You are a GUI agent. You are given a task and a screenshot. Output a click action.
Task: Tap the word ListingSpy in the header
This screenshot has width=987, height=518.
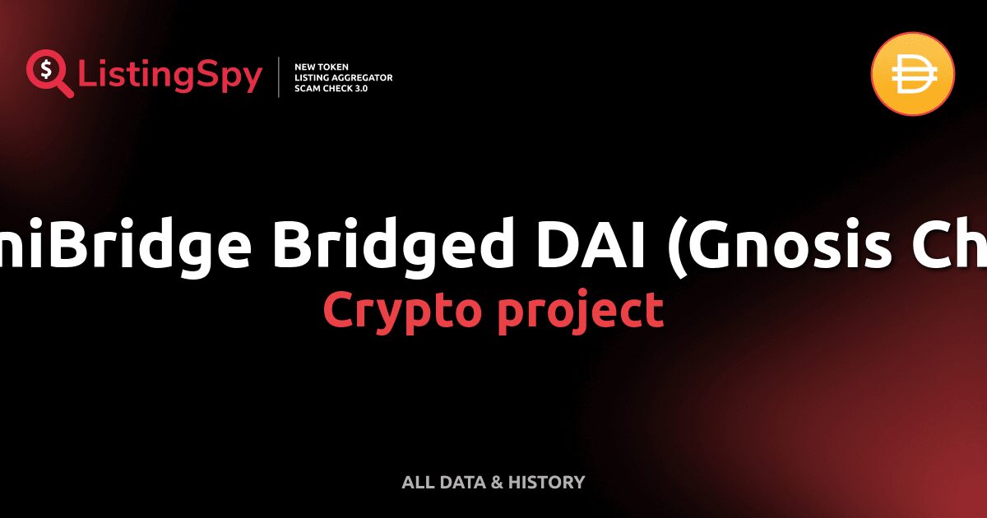[x=170, y=76]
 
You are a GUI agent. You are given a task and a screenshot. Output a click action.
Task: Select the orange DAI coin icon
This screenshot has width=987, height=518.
[x=912, y=74]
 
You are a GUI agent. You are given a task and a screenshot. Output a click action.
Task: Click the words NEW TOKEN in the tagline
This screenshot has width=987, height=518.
[x=322, y=66]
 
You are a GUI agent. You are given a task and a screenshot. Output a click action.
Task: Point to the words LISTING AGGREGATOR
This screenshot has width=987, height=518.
[x=343, y=77]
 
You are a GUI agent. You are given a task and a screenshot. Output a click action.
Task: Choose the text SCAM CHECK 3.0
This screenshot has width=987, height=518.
[x=331, y=88]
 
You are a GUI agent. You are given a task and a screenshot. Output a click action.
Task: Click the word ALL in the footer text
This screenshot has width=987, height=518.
[x=415, y=483]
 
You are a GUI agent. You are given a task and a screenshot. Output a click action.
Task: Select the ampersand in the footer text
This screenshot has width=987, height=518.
[x=497, y=483]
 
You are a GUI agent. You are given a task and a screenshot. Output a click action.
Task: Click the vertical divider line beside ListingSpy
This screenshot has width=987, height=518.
[x=280, y=76]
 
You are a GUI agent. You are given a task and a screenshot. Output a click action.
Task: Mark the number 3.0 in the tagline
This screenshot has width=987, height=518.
[x=359, y=88]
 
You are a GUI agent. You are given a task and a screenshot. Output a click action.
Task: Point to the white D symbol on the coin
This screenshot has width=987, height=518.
[x=912, y=74]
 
